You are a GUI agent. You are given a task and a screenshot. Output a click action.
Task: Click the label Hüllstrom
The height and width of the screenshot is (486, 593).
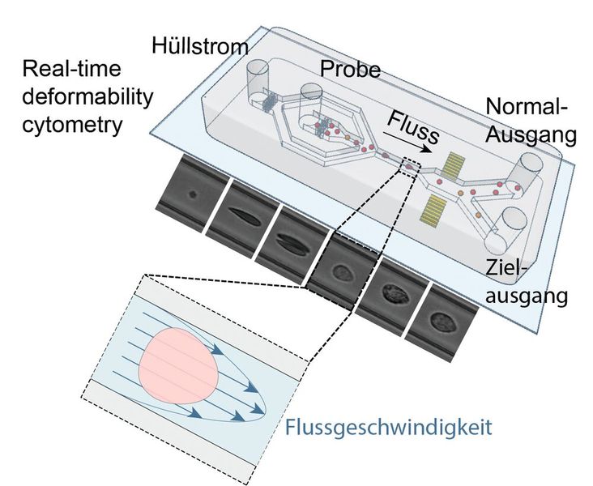[x=199, y=47]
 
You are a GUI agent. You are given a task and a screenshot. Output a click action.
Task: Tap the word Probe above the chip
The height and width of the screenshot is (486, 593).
[x=349, y=70]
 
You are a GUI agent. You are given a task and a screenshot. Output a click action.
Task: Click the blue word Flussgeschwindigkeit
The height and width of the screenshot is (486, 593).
[x=389, y=426]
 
